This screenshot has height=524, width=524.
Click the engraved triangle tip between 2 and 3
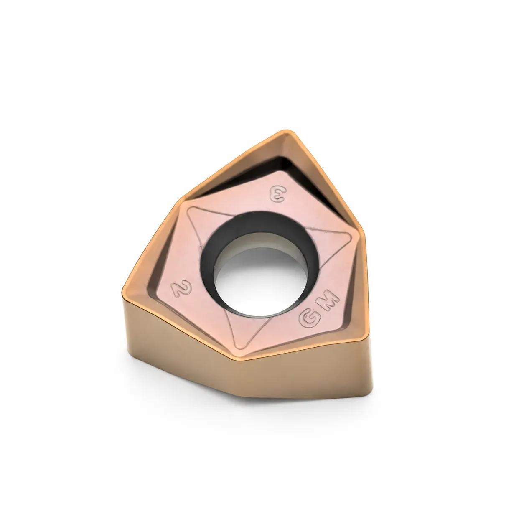191,209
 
